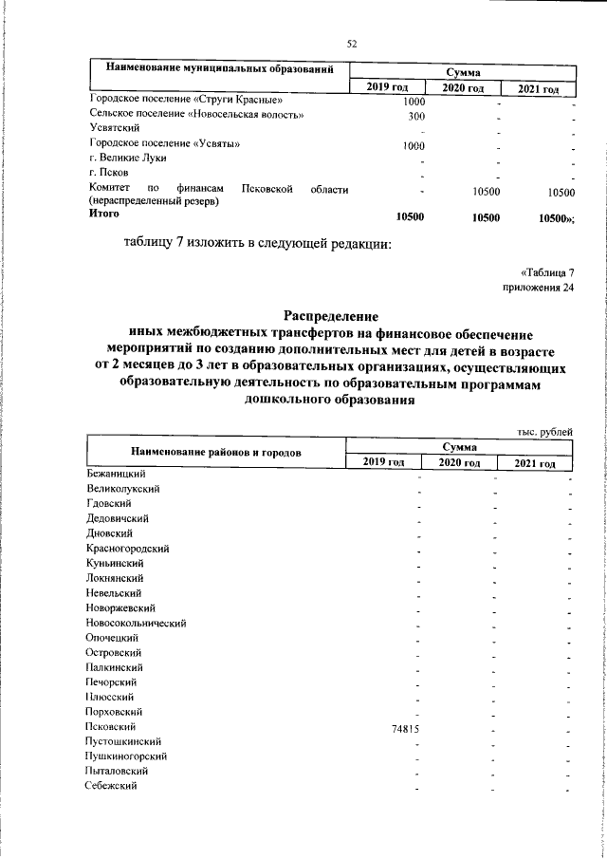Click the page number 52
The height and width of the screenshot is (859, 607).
tap(351, 44)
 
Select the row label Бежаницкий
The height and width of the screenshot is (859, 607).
tap(115, 472)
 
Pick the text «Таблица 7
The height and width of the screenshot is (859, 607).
tap(547, 272)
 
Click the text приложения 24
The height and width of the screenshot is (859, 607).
tap(538, 288)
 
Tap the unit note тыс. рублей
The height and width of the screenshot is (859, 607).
tap(545, 432)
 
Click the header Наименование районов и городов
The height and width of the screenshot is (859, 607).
tap(216, 452)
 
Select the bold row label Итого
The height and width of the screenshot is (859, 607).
tap(104, 215)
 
